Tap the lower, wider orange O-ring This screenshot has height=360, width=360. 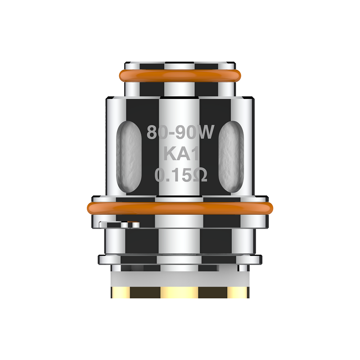180,208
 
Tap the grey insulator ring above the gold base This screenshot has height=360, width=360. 180,277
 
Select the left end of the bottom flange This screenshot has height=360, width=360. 101,260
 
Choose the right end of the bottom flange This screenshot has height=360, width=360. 259,260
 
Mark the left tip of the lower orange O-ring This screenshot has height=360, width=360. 89,208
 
